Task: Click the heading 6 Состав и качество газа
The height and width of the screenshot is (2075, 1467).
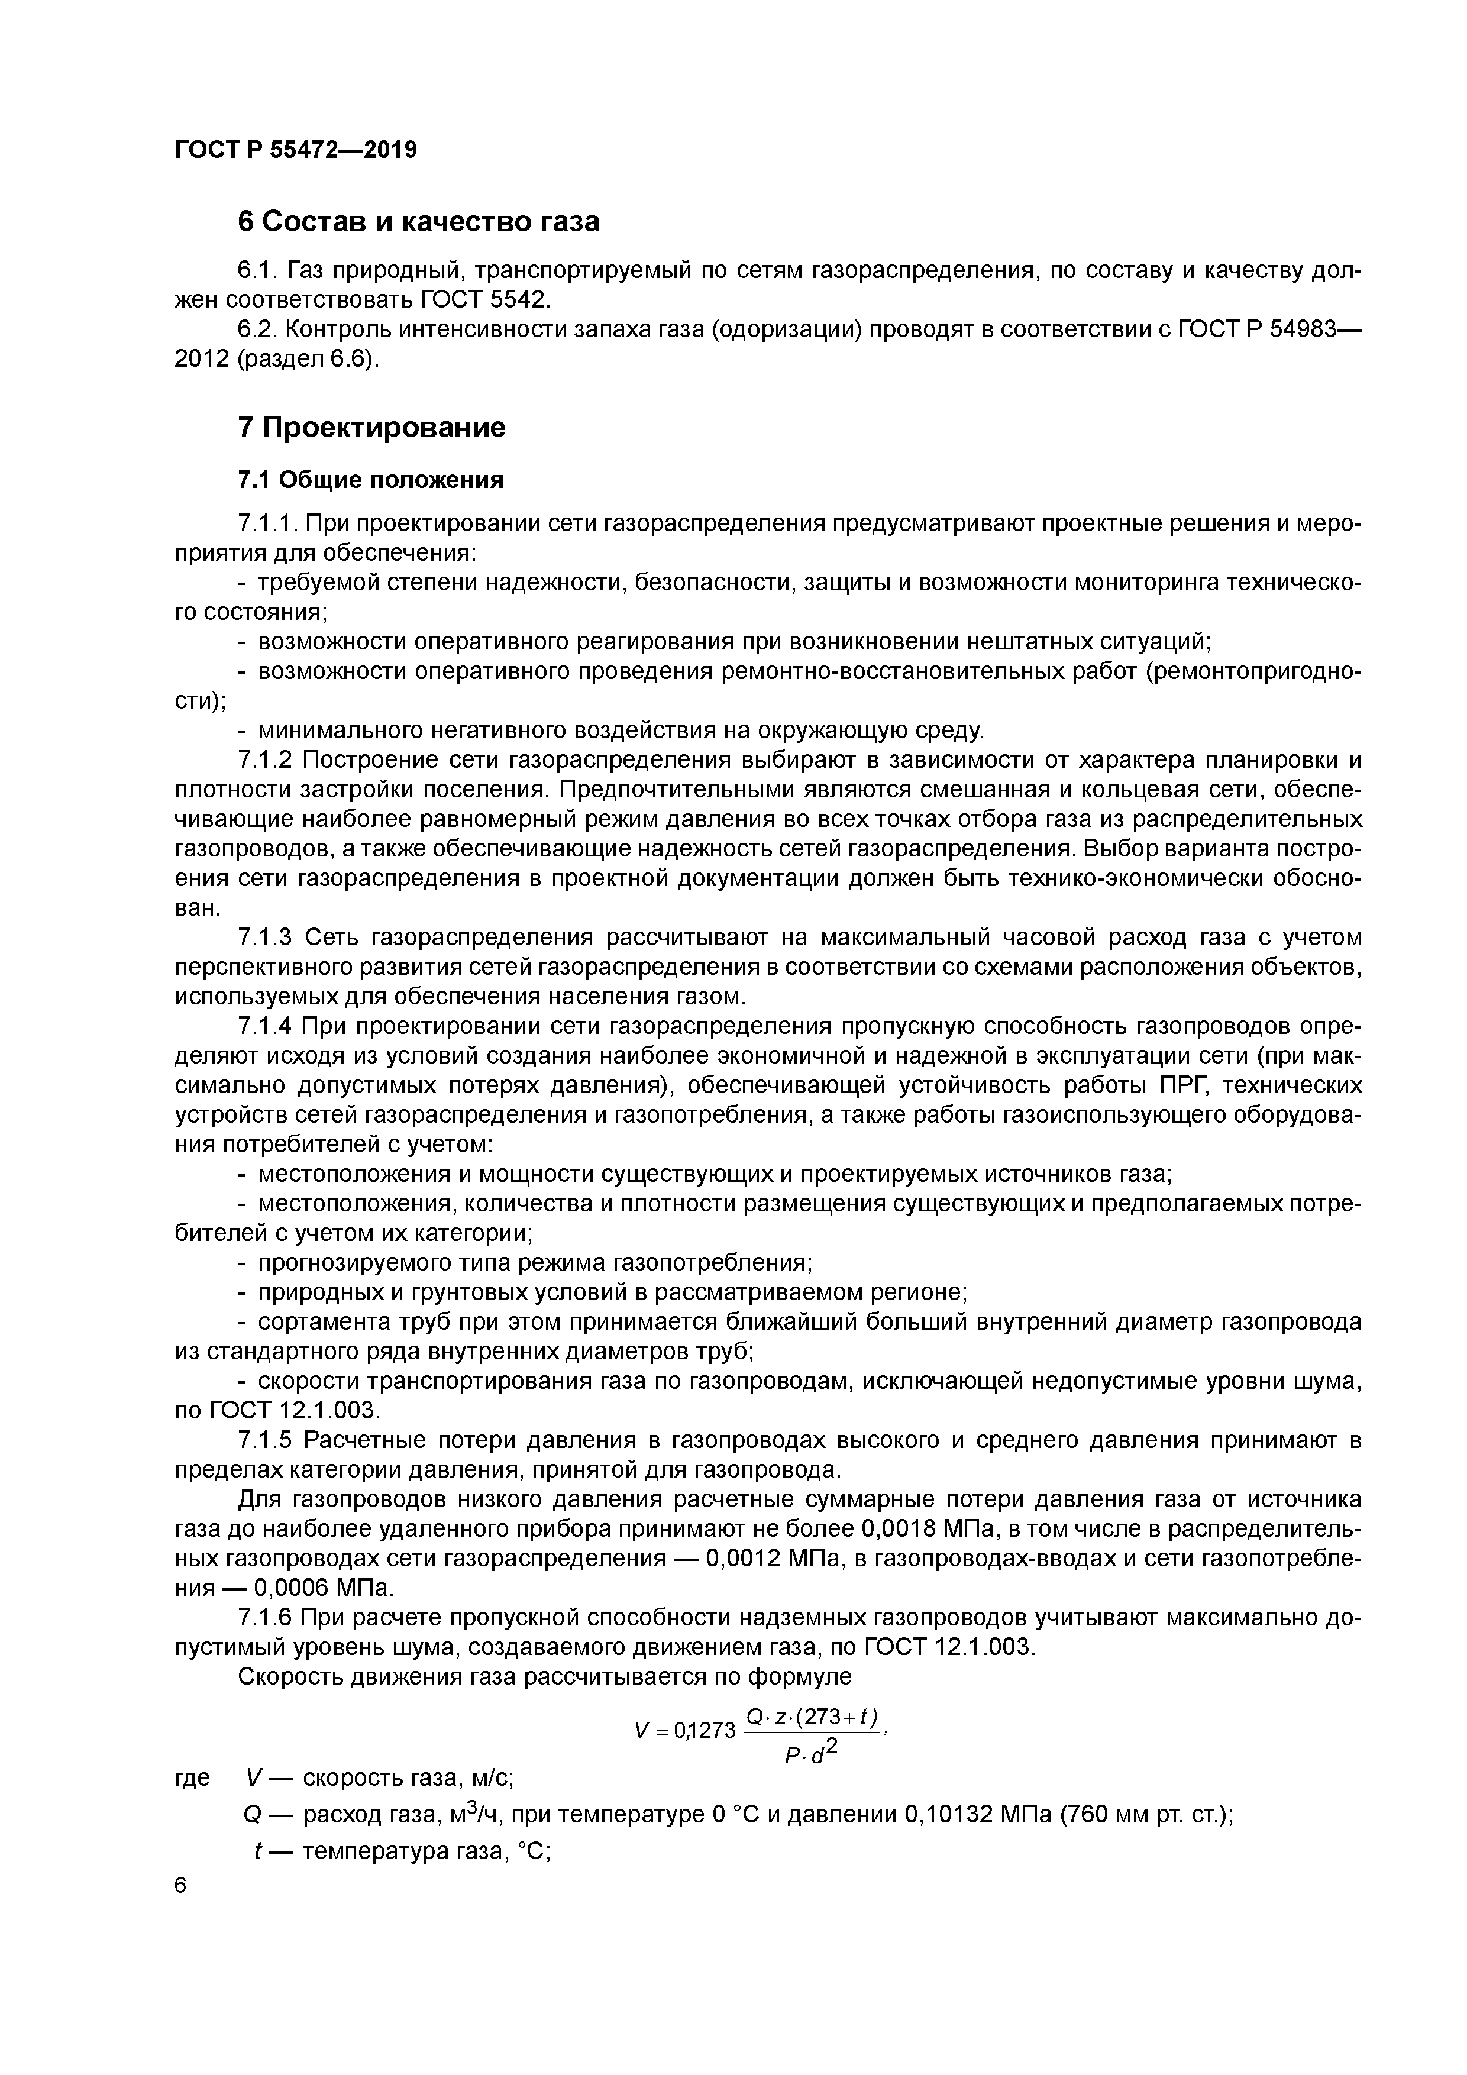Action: point(418,221)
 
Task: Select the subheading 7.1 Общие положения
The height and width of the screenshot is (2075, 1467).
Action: point(370,480)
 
